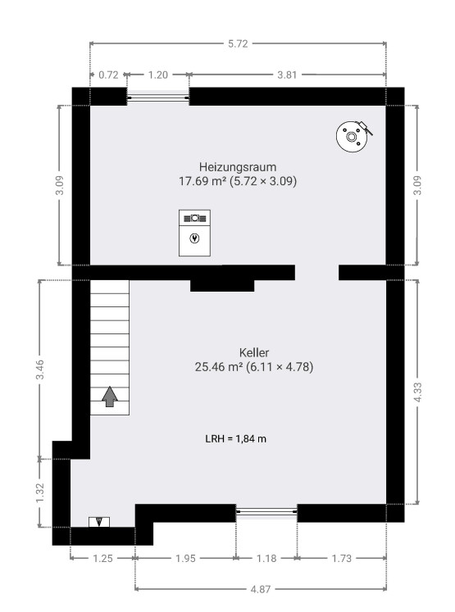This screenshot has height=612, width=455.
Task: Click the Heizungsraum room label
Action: point(238,167)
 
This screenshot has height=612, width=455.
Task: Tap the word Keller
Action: point(254,353)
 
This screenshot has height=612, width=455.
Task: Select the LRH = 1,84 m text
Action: point(236,438)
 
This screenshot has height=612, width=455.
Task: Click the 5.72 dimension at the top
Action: point(238,43)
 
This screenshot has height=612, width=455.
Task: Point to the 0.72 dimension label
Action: point(108,75)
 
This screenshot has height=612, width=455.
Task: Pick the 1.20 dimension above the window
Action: point(158,75)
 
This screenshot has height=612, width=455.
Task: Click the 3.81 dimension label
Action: point(287,75)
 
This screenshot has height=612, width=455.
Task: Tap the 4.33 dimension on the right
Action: point(417,392)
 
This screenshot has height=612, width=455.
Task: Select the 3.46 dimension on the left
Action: point(40,369)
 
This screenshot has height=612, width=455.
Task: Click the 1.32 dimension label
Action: point(40,493)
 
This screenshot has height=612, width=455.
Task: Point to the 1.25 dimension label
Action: point(102,559)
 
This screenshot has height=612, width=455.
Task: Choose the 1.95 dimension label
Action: point(185,559)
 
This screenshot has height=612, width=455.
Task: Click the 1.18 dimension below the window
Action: point(266,559)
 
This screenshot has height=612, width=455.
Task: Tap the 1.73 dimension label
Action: point(342,559)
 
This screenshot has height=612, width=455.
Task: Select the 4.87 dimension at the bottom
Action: point(261,589)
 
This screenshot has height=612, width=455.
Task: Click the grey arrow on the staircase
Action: point(110,397)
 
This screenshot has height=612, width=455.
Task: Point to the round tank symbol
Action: point(353,136)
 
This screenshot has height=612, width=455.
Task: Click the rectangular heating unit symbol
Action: point(194,233)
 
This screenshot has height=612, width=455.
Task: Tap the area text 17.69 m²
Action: point(202,181)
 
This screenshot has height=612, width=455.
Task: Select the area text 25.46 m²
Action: point(219,367)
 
